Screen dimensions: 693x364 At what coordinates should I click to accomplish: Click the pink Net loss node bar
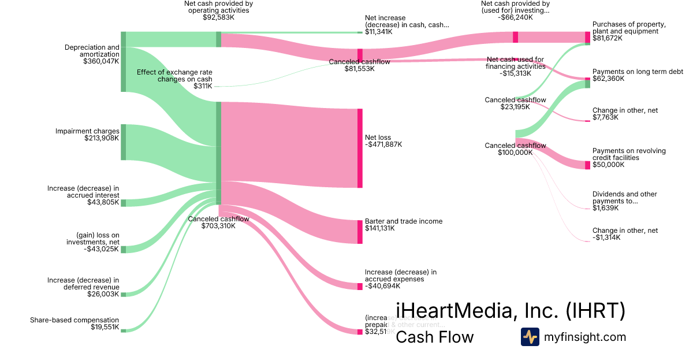coord(360,148)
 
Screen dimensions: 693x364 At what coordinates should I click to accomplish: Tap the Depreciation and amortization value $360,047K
coord(101,61)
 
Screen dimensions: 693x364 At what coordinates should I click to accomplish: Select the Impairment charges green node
coord(123,142)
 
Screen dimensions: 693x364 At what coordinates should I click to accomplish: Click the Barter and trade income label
coord(404,221)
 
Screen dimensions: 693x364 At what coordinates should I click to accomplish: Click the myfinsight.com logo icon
coord(530,337)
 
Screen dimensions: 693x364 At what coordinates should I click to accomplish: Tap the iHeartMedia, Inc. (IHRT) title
coord(510,311)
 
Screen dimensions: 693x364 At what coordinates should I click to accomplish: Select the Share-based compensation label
coord(74,320)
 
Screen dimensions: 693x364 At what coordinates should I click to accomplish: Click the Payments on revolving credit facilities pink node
coord(587,165)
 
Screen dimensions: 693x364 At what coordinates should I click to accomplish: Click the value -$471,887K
coord(383,144)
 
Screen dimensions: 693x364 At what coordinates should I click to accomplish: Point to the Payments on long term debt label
coord(638,72)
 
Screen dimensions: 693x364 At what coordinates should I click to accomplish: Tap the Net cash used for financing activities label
coord(516,63)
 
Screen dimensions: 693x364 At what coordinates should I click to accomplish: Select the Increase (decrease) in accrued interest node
coord(123,203)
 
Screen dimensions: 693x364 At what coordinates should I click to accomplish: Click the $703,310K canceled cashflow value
coord(219,226)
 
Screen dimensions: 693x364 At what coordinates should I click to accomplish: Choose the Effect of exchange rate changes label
coord(174,76)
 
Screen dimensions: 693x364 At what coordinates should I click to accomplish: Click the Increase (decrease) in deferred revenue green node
coord(123,295)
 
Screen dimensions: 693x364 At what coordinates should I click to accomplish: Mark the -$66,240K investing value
coord(515,17)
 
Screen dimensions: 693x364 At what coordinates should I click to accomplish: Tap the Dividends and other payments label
coord(624,198)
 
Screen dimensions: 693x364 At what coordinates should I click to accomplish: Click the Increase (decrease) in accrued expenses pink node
coord(360,286)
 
